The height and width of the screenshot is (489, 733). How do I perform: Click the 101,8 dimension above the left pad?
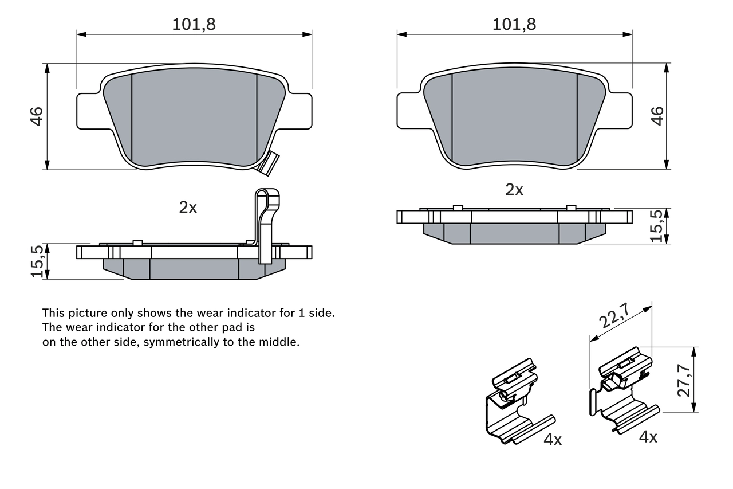194,24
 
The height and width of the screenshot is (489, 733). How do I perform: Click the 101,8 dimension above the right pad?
514,24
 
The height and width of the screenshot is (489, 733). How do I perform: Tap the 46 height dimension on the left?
37,116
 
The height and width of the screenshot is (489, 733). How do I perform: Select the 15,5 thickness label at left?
37,261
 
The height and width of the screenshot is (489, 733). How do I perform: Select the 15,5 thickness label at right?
657,225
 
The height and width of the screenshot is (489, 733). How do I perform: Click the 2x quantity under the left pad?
187,208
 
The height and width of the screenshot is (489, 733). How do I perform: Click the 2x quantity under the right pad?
514,190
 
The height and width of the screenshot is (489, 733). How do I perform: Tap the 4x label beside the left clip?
553,440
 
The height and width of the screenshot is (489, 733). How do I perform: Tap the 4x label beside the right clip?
648,437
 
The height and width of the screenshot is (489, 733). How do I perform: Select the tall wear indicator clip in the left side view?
266,224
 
